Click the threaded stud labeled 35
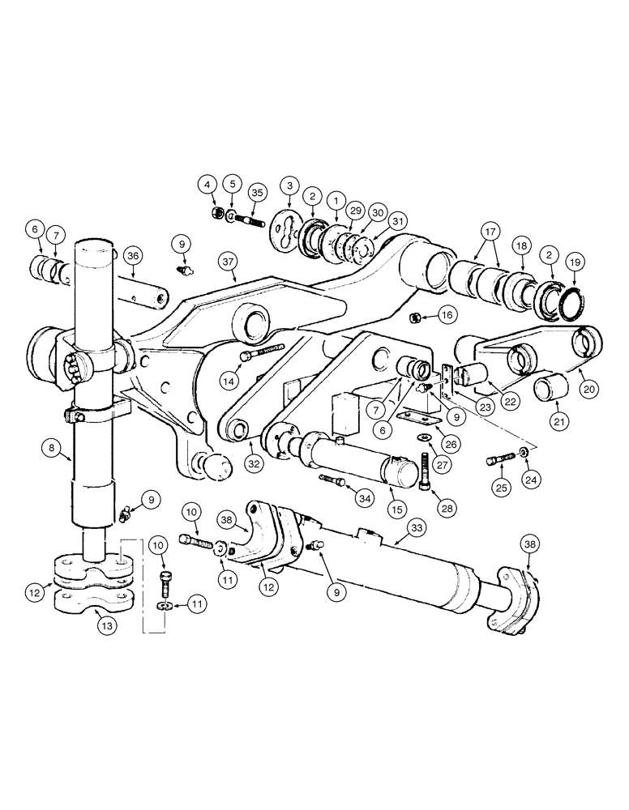click(249, 219)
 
